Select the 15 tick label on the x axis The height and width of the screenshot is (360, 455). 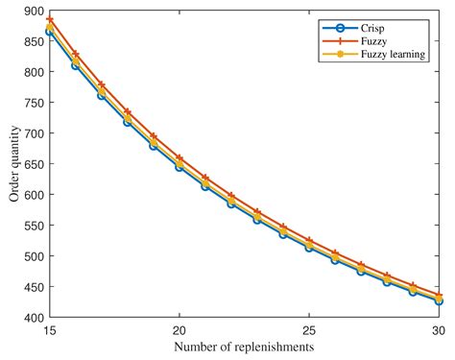click(50, 329)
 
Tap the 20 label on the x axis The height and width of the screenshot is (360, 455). click(179, 329)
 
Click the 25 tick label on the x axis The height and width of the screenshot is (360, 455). click(307, 329)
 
